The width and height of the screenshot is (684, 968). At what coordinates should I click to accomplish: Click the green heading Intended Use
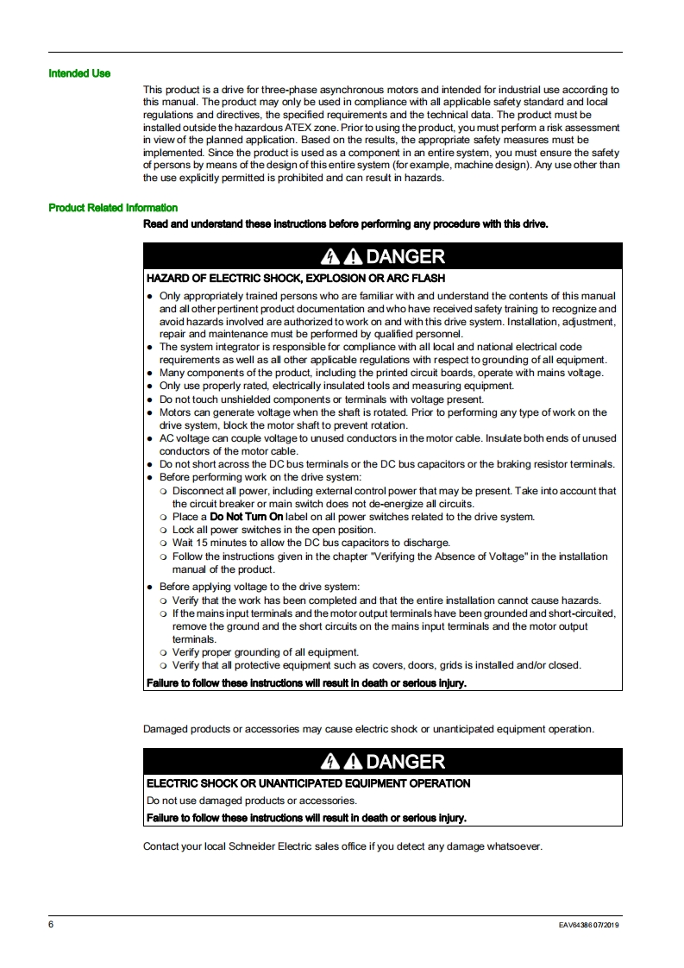[x=79, y=73]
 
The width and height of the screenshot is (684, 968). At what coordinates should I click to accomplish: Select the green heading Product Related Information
[x=113, y=208]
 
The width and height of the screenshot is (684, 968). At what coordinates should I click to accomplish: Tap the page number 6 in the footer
[x=51, y=925]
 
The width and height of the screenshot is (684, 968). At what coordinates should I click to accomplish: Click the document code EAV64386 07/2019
[x=589, y=926]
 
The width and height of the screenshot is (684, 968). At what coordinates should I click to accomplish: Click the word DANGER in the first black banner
[x=405, y=256]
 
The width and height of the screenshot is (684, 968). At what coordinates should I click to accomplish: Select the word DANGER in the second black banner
[x=405, y=762]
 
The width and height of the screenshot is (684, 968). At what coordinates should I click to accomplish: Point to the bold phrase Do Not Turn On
[x=247, y=517]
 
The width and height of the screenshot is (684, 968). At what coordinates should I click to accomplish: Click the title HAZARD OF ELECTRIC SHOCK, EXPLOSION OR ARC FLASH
[x=296, y=279]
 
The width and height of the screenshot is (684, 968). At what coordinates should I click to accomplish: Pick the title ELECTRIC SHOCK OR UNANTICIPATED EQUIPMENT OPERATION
[x=309, y=783]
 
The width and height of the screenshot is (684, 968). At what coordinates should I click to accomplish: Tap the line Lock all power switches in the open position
[x=274, y=530]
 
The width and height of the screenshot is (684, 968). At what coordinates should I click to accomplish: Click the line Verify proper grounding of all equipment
[x=266, y=652]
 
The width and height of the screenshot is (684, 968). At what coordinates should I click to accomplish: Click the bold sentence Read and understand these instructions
[x=345, y=224]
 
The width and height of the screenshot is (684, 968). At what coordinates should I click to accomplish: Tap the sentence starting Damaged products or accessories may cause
[x=368, y=729]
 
